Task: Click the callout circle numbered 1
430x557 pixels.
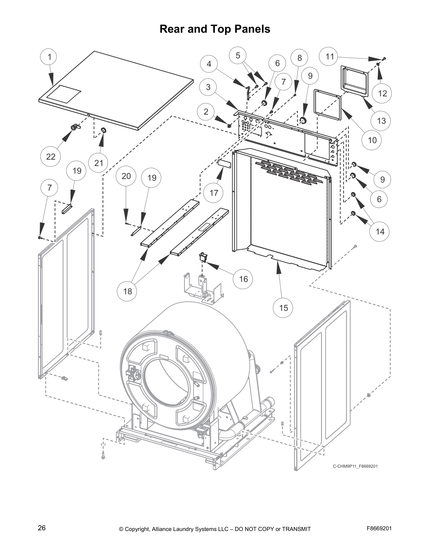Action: (50, 57)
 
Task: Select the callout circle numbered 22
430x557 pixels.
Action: (51, 156)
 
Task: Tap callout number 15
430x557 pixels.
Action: (283, 308)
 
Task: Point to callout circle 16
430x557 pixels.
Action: (243, 279)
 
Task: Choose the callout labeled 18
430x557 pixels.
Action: (128, 291)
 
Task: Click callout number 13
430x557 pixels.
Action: (381, 121)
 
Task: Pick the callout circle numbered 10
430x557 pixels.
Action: (372, 140)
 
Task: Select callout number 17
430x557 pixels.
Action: (214, 193)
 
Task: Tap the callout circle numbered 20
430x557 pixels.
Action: (126, 176)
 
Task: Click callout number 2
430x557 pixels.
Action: (206, 112)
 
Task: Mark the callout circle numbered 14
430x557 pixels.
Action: (380, 231)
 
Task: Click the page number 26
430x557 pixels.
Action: (42, 528)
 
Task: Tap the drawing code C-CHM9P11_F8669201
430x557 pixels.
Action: (355, 466)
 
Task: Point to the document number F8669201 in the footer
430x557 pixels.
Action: (379, 528)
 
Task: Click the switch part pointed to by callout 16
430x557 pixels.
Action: (203, 257)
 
